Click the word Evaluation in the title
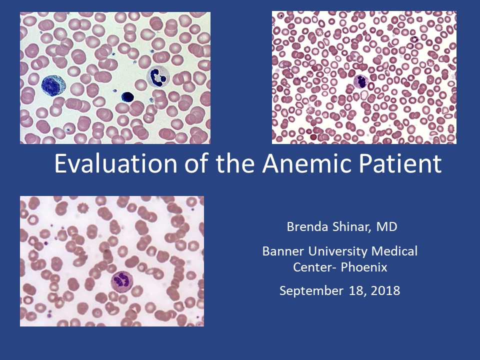115,163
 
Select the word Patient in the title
400,163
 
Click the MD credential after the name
386,226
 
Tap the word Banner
283,251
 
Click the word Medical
394,251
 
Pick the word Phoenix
364,267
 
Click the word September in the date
311,291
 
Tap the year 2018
385,290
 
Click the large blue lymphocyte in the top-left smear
53,85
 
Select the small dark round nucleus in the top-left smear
127,96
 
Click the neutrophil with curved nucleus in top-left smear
158,76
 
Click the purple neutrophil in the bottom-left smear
122,280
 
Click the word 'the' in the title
235,163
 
